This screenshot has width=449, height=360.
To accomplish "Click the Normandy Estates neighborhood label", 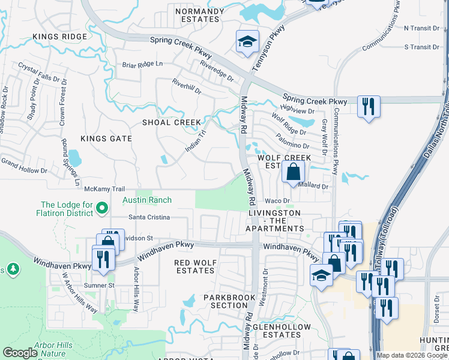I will [196, 15].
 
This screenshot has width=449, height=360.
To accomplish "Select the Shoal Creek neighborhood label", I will [171, 122].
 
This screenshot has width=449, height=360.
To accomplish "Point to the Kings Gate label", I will [106, 139].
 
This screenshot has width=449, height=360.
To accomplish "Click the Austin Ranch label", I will [147, 200].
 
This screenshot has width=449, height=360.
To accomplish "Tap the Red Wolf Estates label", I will [194, 266].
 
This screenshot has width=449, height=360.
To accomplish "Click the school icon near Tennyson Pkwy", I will [247, 42].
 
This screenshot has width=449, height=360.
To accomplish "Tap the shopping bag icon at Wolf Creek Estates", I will [292, 172].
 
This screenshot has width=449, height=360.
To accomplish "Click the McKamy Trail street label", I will [104, 188].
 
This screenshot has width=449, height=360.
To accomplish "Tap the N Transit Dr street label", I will [421, 28].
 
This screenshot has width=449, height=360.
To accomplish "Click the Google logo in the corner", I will [20, 353].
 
